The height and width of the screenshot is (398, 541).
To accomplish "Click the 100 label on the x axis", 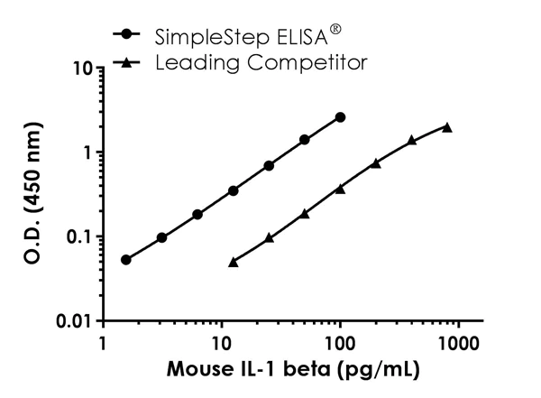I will [340, 345].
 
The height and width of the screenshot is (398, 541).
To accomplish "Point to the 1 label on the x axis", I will [103, 345].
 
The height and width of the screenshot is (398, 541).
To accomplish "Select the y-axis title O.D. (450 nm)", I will [31, 194].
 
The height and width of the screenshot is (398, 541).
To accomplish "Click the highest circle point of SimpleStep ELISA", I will [340, 117].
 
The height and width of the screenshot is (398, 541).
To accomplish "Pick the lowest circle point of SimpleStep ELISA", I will [125, 260].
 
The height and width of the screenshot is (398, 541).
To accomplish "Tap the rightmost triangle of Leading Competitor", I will [446, 127].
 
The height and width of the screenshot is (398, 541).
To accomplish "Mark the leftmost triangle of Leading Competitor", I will [234, 262].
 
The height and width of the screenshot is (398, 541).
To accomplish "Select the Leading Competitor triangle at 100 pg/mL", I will [340, 188].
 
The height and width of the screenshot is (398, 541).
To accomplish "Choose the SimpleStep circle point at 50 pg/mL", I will [305, 140].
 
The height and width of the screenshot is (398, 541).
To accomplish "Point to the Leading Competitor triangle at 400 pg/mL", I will [411, 140].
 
